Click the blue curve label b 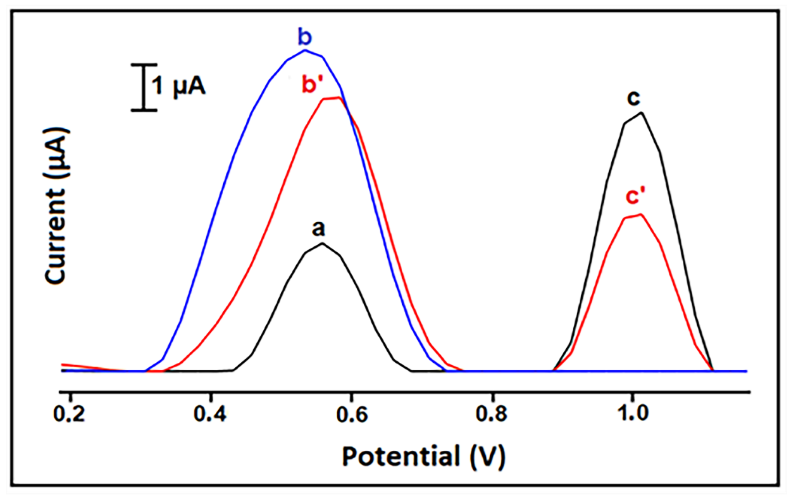(x=305, y=37)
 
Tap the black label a (x=318, y=228)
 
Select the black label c (x=633, y=98)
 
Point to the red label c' (x=636, y=196)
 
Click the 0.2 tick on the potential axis (x=69, y=413)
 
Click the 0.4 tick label (x=210, y=413)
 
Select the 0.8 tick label (x=492, y=413)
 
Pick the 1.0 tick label (x=633, y=413)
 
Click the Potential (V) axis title (x=423, y=456)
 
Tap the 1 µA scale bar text (x=178, y=86)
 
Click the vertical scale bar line (x=144, y=87)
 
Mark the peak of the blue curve (x=305, y=50)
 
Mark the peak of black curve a (x=322, y=243)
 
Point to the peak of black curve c (x=641, y=112)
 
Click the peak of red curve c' (x=640, y=214)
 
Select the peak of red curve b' (x=339, y=97)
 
